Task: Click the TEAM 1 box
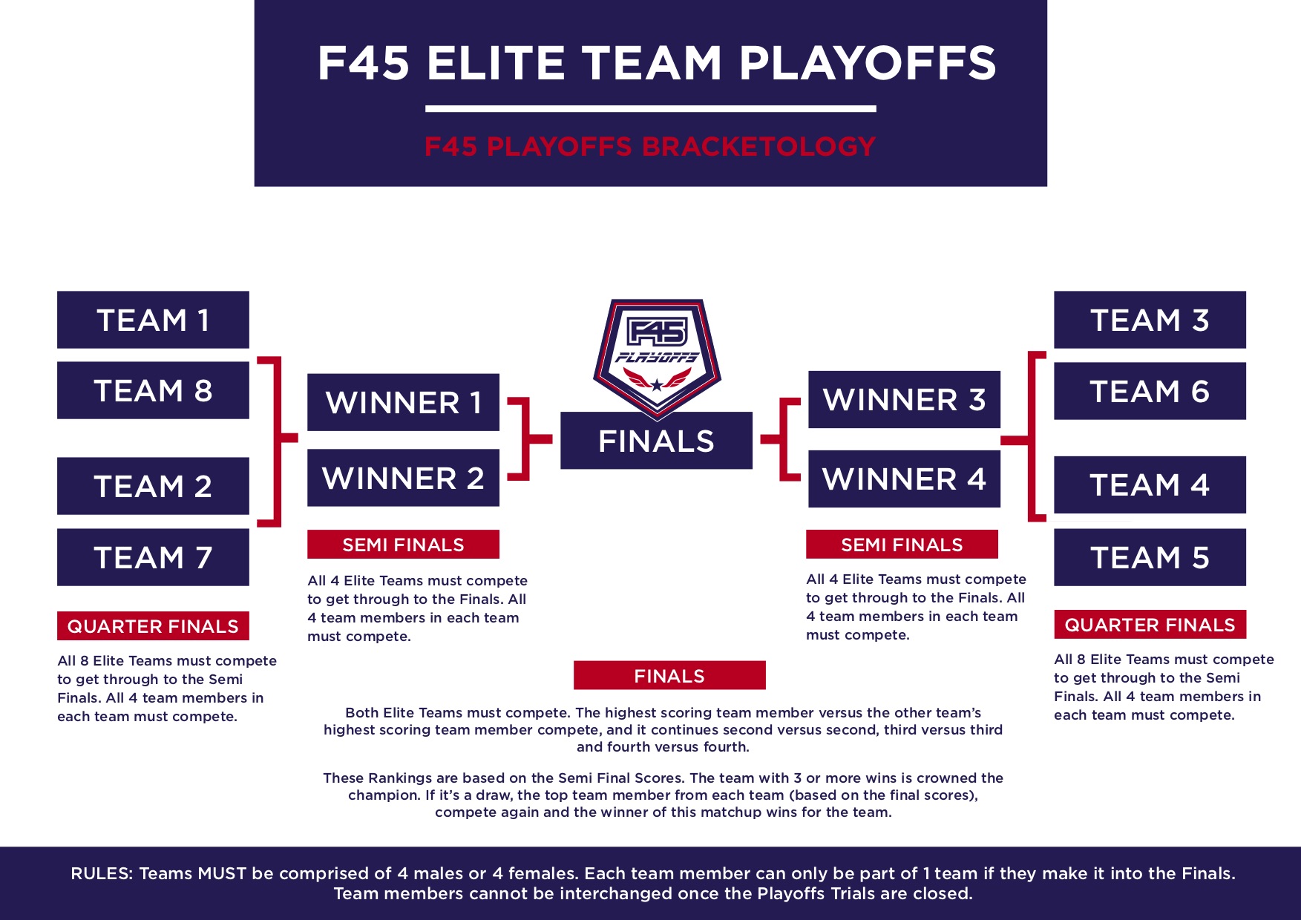(153, 320)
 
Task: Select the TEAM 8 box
(153, 390)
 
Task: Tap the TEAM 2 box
(153, 486)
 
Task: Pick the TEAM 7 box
(153, 557)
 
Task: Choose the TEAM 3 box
(1150, 320)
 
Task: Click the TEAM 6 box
(1150, 391)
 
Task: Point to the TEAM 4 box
(1150, 484)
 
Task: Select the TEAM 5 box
(1150, 557)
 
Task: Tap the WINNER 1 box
(403, 402)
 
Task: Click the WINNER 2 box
(403, 478)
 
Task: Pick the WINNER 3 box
(904, 400)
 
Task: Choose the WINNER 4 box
(904, 479)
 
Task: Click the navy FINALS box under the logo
(656, 441)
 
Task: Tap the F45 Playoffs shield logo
(657, 356)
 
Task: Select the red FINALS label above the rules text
(669, 675)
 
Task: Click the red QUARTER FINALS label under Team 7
(153, 626)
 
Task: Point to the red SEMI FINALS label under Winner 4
(902, 545)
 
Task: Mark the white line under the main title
(651, 109)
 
